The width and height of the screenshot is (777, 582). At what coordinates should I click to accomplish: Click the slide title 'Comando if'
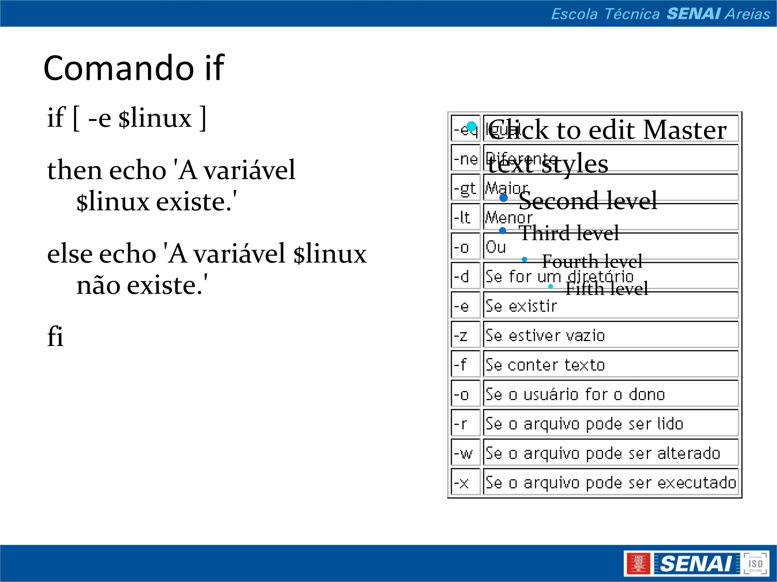[134, 68]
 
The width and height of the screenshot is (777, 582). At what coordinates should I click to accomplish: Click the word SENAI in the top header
[694, 14]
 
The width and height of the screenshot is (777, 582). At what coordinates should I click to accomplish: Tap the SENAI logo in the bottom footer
[696, 563]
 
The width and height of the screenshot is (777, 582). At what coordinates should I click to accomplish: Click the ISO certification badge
[755, 563]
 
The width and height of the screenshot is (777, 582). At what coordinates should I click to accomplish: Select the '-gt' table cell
[465, 188]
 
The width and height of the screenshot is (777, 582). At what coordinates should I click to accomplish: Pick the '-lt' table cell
[465, 217]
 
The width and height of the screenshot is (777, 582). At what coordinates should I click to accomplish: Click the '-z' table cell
[465, 335]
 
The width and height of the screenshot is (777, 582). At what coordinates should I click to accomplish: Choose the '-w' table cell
[465, 453]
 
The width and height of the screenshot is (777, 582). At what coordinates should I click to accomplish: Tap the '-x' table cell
[465, 482]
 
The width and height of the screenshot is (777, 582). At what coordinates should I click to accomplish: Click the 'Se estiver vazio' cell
[610, 335]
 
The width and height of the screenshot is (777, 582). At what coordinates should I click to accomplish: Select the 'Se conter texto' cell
[610, 365]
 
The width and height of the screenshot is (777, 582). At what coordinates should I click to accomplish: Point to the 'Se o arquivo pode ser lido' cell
[610, 424]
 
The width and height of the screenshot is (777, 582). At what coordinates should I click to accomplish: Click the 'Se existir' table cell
[610, 305]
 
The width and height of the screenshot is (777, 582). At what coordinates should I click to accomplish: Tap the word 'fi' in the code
[55, 336]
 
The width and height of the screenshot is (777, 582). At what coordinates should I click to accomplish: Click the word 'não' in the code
[98, 285]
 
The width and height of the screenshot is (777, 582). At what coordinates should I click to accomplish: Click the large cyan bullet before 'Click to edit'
[471, 126]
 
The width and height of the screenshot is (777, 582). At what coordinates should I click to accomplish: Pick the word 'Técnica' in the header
[632, 14]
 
